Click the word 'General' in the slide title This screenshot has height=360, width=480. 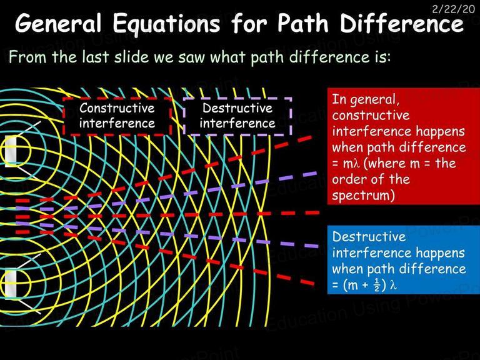(59, 23)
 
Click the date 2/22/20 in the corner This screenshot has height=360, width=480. (454, 9)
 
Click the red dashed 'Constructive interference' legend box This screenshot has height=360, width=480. (117, 116)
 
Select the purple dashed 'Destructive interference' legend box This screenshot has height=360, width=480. (237, 116)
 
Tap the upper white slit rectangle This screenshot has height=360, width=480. (11, 151)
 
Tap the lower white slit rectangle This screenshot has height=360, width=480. (11, 284)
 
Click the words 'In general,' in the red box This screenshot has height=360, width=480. (366, 100)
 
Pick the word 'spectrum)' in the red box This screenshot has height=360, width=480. (363, 196)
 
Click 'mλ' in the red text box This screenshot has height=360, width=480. (350, 164)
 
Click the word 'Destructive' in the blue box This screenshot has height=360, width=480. (369, 237)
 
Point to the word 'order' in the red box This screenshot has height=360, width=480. (348, 179)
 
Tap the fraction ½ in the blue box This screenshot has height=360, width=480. (376, 285)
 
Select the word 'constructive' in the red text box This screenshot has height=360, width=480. (371, 116)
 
